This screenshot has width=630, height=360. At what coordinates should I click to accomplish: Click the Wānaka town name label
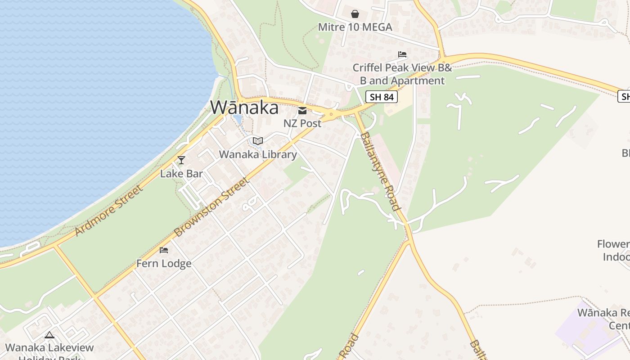click(244, 108)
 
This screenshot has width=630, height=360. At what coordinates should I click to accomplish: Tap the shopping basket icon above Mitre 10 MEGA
click(355, 14)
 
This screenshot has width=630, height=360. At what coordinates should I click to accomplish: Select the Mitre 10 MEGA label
click(355, 27)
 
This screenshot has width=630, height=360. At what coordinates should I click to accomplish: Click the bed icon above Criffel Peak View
click(402, 54)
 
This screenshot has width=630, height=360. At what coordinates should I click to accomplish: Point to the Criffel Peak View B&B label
click(402, 74)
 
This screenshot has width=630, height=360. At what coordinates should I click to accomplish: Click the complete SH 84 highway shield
click(381, 96)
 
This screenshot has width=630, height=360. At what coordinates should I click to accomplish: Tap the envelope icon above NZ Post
click(302, 110)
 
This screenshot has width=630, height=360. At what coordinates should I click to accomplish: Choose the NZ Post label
click(302, 123)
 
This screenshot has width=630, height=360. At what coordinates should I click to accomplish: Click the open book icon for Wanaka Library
click(258, 141)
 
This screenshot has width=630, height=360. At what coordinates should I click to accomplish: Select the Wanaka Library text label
click(258, 154)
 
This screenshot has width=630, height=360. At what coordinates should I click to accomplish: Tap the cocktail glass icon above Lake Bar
click(181, 160)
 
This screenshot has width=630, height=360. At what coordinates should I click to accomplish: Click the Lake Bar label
click(181, 173)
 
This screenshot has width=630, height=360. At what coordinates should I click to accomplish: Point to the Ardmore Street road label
click(109, 210)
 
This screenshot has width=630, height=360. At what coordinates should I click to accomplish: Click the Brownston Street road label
click(211, 207)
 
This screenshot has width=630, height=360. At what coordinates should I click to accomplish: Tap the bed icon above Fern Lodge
click(164, 250)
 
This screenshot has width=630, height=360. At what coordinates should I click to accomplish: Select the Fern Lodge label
click(164, 263)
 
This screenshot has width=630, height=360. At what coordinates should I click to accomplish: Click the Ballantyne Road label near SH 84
click(380, 171)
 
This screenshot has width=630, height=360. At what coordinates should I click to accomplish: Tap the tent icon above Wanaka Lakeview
click(49, 335)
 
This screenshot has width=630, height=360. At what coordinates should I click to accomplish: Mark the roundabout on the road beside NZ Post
click(331, 114)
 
